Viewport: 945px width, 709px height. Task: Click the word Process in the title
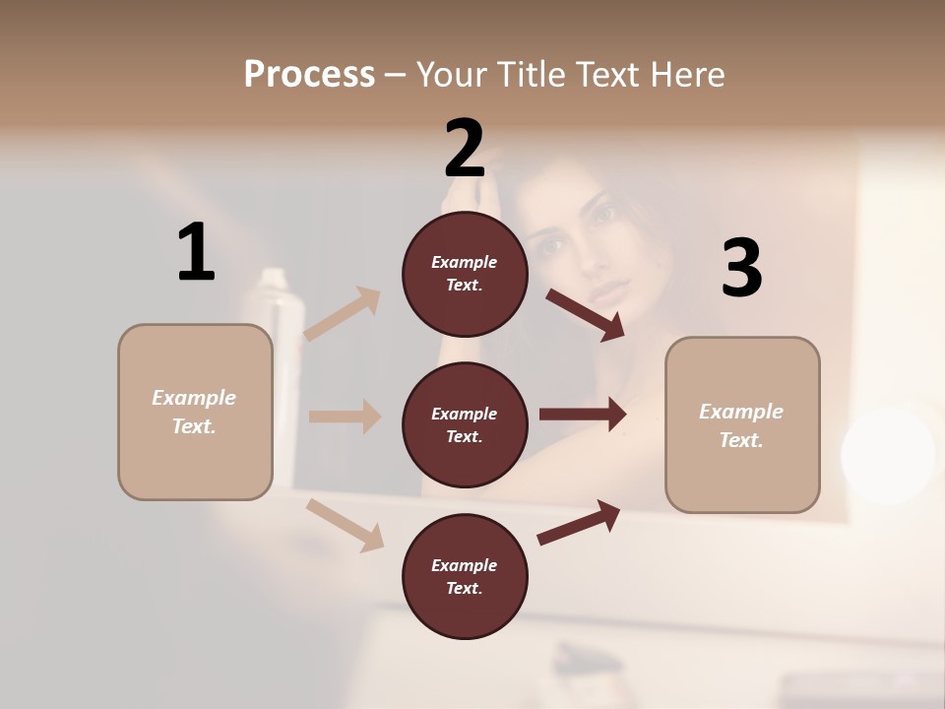tap(309, 74)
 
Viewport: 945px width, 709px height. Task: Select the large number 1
tap(196, 253)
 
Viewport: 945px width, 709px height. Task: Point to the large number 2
tap(465, 148)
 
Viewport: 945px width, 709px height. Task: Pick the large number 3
tap(741, 269)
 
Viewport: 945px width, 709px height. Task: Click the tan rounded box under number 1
tap(195, 412)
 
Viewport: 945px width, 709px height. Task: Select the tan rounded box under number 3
tap(742, 425)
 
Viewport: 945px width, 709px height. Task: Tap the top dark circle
tap(465, 274)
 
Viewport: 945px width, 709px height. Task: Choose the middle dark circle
tap(465, 424)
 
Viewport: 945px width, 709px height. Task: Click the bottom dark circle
tap(465, 576)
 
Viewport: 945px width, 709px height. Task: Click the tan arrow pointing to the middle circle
tap(345, 417)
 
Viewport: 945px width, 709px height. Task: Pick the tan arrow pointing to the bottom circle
tap(346, 525)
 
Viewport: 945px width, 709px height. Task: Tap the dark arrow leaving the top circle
tap(585, 314)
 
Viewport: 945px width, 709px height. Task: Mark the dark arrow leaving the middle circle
tap(582, 415)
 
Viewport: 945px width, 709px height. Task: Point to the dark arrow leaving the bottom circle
tap(579, 522)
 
